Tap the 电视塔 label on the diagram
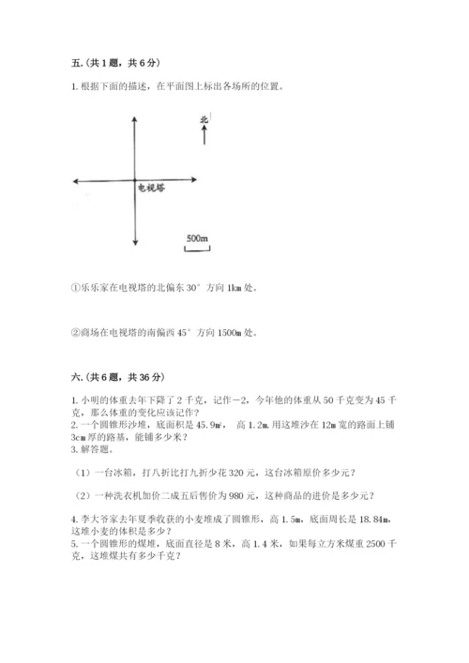(x=150, y=188)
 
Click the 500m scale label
(x=196, y=238)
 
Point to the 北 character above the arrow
(x=204, y=119)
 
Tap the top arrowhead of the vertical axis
(x=136, y=119)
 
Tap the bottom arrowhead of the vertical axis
(x=136, y=244)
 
